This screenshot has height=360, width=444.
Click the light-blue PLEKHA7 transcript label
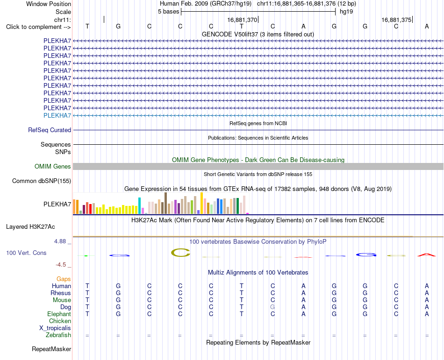57,115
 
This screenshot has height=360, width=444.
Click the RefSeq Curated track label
50,130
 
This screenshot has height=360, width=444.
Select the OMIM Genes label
53,167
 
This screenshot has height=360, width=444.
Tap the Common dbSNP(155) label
42,181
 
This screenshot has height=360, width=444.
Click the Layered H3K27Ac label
30,227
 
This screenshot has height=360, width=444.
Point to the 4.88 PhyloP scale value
60,241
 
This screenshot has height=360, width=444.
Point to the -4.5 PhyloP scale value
61,265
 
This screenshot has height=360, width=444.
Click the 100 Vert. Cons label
26,253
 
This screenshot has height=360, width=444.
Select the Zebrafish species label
58,335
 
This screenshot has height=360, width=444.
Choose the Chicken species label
60,321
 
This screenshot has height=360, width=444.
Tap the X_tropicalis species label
55,328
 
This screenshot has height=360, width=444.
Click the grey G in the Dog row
272,307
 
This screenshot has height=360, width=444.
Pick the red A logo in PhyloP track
427,255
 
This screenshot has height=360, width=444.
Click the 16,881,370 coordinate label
242,20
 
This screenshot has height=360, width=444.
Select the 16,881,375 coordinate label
396,20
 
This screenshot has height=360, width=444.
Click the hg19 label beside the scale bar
346,12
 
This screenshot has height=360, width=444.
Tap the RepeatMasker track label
51,349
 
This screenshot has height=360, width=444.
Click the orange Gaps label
64,279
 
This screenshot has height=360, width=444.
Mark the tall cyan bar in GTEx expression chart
139,205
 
